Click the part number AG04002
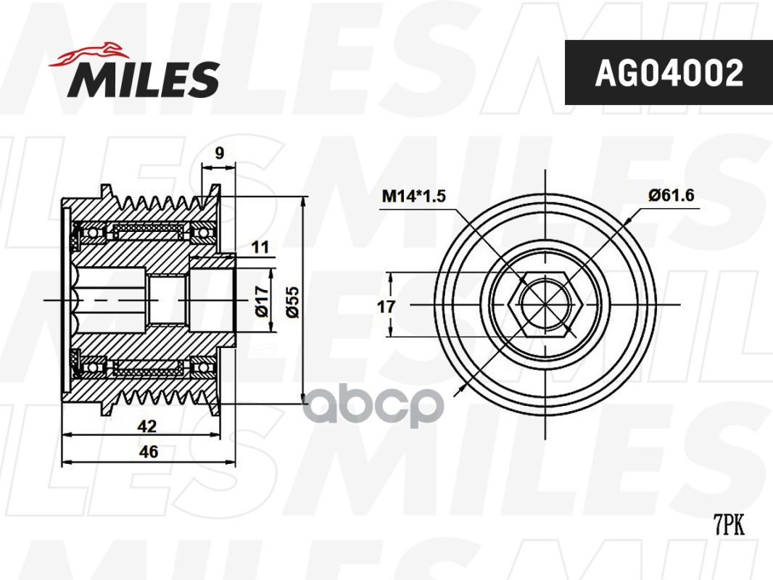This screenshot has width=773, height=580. (x=669, y=73)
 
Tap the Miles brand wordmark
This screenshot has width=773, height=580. (x=144, y=79)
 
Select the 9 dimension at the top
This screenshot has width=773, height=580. (x=220, y=153)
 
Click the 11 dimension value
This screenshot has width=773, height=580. (x=260, y=246)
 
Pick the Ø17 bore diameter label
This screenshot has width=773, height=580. (x=261, y=301)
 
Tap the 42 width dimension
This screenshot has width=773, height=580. (x=147, y=426)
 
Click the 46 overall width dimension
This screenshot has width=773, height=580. (x=149, y=452)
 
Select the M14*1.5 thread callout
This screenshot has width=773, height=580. (x=413, y=196)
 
